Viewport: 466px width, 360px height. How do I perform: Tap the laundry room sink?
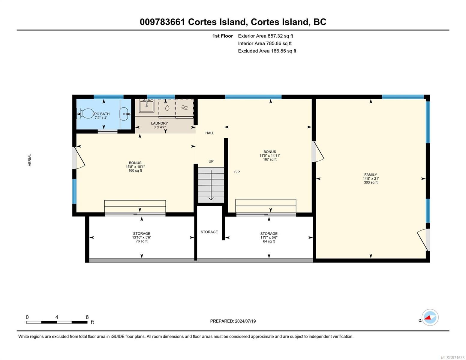[x=146, y=106]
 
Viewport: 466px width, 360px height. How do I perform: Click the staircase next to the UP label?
[x=211, y=185]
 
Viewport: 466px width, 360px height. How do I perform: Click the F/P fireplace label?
[x=237, y=172]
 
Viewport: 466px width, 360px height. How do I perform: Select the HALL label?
[x=210, y=133]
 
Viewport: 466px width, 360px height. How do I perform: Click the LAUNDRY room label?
[x=159, y=123]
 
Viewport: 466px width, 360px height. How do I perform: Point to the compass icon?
[x=430, y=317]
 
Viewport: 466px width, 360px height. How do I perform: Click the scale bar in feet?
[x=57, y=322]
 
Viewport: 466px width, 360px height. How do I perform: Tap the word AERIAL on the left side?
[x=30, y=160]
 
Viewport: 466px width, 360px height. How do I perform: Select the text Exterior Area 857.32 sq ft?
[x=266, y=36]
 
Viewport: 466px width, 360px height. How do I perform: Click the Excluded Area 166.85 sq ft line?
[x=267, y=51]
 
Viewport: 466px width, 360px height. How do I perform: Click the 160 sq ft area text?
[x=135, y=171]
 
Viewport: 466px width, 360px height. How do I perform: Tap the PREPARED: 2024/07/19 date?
[x=233, y=321]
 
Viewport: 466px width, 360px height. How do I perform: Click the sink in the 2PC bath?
[x=125, y=114]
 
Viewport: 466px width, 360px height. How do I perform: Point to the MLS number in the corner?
[x=452, y=358]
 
